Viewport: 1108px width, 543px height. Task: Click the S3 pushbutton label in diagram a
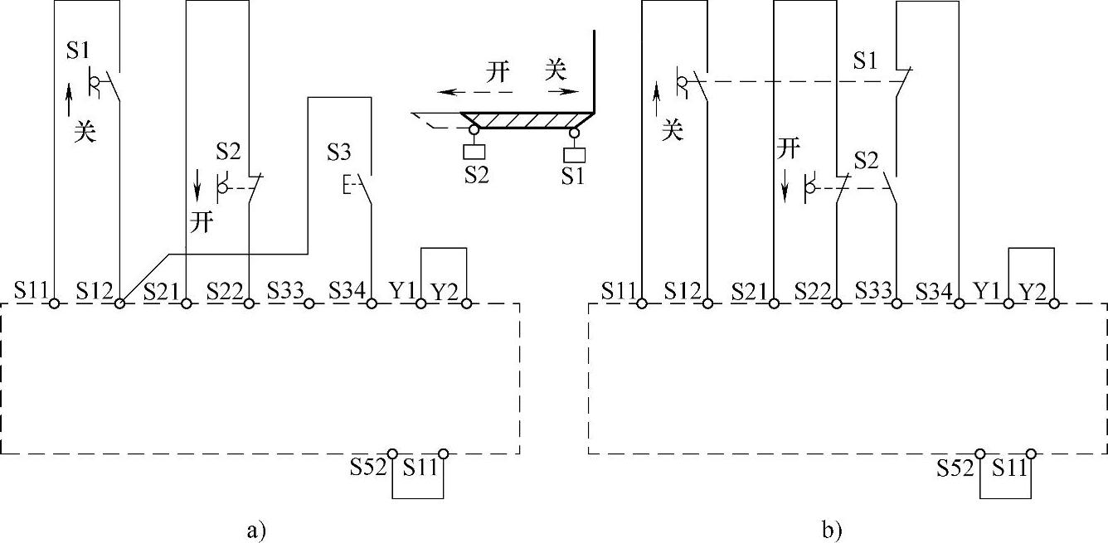[338, 153]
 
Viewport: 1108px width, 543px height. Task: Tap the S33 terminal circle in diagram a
[309, 304]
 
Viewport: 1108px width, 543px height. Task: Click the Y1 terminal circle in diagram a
[421, 304]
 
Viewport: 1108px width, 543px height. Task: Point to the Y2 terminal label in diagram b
[1032, 291]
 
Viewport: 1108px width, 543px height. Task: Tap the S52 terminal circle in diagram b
[980, 453]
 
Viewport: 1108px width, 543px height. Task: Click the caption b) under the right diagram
[832, 529]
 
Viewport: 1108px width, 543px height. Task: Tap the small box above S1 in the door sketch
[573, 154]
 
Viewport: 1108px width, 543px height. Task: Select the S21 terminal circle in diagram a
[187, 304]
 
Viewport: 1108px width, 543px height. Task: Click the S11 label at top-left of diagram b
[619, 290]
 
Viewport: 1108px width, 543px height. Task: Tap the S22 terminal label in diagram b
[813, 290]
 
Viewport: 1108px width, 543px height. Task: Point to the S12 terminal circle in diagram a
[120, 304]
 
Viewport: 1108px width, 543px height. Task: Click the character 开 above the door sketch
[498, 71]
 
